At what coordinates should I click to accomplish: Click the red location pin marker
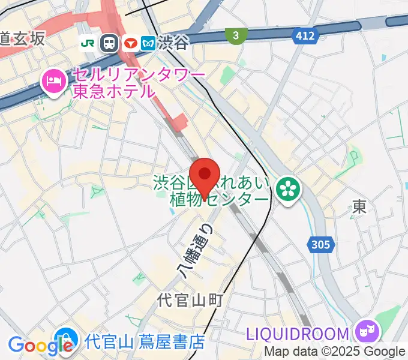coord(205,175)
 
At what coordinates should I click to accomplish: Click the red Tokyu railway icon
coord(129,43)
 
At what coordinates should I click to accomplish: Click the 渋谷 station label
coord(173,43)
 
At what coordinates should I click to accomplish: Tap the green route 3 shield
coord(236,36)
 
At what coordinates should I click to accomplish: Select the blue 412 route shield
coord(305,36)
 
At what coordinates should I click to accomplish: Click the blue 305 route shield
coord(320,244)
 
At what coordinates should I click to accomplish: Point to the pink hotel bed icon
coord(53,82)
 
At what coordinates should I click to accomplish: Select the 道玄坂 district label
coord(22,39)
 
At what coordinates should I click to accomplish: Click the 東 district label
coord(359,207)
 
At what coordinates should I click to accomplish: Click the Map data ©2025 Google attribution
coord(335,352)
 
